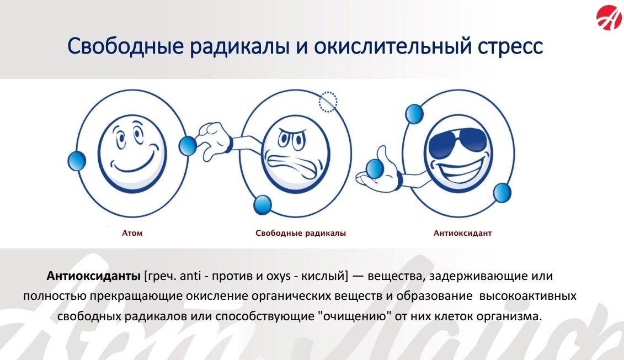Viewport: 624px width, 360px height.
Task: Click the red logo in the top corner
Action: click(609, 18)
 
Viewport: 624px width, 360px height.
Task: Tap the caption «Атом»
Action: click(132, 233)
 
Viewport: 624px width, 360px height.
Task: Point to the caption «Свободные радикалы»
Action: click(301, 233)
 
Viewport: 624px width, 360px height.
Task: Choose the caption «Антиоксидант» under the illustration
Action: click(462, 233)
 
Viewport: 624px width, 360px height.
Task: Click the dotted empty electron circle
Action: click(328, 102)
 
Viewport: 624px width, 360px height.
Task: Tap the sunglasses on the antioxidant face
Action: click(459, 141)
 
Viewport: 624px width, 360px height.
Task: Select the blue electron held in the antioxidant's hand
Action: click(375, 169)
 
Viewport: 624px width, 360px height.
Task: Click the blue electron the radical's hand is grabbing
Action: click(188, 146)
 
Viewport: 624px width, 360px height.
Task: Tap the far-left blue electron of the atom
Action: click(76, 161)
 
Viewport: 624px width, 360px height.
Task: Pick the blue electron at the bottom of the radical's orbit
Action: click(262, 205)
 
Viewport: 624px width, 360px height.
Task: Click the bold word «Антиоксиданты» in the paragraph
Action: click(94, 276)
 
